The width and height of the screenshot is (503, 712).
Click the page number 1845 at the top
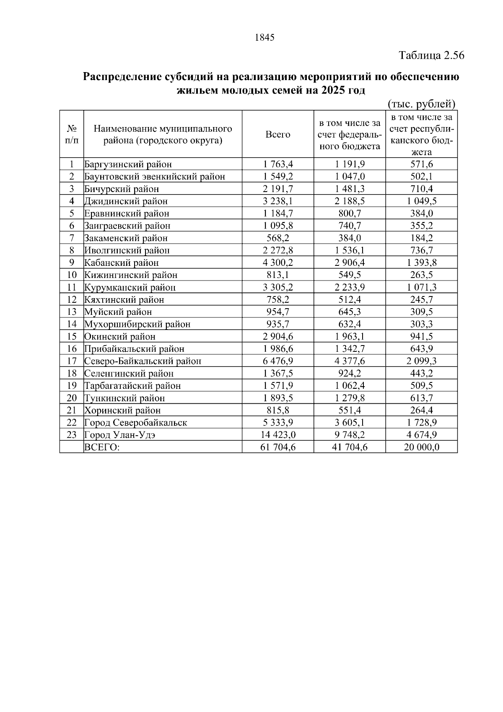click(264, 38)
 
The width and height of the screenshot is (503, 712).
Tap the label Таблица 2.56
click(431, 55)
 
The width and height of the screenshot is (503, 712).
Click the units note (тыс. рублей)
click(421, 104)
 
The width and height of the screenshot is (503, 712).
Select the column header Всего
click(277, 134)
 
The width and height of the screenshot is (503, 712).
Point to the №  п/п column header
click(72, 134)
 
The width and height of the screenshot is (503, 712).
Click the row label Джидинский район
click(126, 201)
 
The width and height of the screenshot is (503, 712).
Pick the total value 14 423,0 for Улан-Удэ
click(278, 435)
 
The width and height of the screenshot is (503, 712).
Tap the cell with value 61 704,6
click(278, 447)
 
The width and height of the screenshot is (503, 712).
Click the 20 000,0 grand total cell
click(421, 447)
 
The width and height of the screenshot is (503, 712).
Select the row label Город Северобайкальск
click(135, 423)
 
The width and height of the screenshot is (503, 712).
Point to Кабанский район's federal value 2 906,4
click(350, 263)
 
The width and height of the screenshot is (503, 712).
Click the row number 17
click(72, 361)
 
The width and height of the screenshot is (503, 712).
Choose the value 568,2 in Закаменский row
click(278, 238)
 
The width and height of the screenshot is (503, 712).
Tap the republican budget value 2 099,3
click(421, 361)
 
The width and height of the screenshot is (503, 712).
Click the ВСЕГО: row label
click(102, 447)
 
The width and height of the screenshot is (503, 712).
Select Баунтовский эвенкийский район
click(154, 177)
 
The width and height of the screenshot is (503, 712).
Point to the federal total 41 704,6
click(350, 447)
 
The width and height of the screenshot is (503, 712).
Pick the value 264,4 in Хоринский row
click(421, 410)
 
